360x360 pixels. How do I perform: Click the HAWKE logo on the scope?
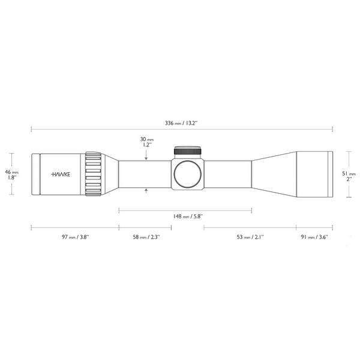pos(59,174)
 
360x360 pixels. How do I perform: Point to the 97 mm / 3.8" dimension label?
pos(75,237)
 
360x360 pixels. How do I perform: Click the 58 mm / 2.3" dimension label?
pos(146,237)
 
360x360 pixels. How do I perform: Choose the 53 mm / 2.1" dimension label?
pos(250,237)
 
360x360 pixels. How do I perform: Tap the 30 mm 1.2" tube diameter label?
pos(146,142)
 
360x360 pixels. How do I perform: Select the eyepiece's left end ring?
pos(36,174)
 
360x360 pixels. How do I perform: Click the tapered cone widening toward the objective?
pos(273,173)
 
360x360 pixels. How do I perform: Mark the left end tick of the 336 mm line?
pos(31,128)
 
